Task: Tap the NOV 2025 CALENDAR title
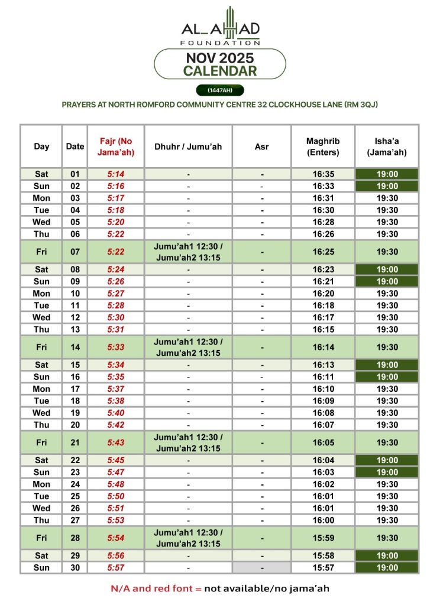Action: tap(220, 64)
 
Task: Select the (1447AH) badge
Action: tap(220, 90)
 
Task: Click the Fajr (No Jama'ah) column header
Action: tap(116, 147)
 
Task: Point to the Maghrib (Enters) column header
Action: tap(323, 147)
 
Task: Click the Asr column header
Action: tap(261, 147)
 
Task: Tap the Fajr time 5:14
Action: tap(116, 174)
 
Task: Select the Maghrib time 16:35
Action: tap(323, 174)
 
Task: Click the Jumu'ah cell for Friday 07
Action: tap(188, 252)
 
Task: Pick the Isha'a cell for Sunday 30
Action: tap(387, 568)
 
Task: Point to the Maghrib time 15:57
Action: tap(323, 568)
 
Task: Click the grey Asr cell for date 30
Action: tap(261, 568)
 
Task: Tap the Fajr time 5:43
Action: tap(116, 443)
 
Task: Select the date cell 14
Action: tap(75, 347)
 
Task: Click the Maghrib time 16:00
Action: tap(323, 520)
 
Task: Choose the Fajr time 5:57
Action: tap(116, 568)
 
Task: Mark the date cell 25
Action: tap(75, 496)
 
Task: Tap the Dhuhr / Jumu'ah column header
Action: tap(188, 147)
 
